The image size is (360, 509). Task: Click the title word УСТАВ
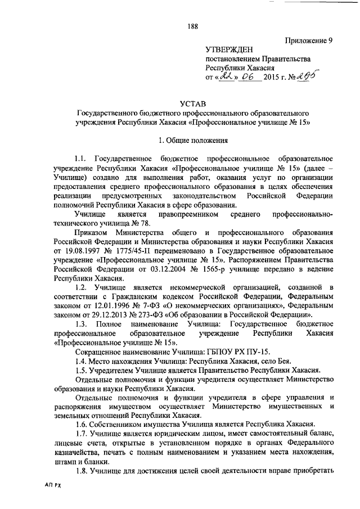[x=193, y=103]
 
